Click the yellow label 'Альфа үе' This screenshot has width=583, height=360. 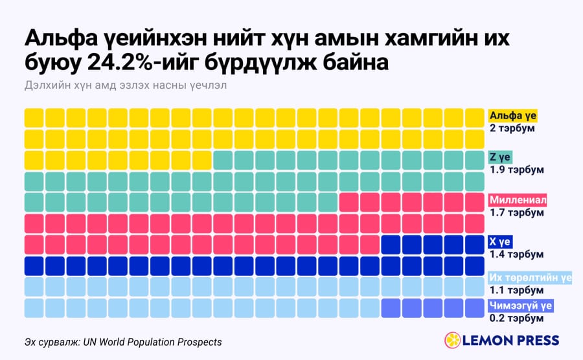coord(513,116)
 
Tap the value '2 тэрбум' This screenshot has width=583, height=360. coord(512,128)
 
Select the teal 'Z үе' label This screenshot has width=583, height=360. coord(500,157)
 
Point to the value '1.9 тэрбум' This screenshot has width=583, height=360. coord(516,170)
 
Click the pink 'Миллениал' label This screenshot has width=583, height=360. coord(518,200)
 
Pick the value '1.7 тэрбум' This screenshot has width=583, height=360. coord(516,213)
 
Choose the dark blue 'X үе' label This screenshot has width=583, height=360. coord(500,242)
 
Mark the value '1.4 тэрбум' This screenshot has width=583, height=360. coord(516,254)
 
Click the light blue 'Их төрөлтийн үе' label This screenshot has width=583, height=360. coord(530,278)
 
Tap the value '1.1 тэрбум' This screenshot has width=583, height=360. coord(516,290)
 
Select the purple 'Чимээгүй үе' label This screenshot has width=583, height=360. coord(521,306)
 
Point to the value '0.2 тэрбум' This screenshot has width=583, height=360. coord(516,319)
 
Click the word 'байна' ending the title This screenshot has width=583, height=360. coord(355,62)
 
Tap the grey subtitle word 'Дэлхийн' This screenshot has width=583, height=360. coord(45,85)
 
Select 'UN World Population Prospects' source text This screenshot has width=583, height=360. coord(152,342)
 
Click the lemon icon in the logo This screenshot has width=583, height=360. coord(453,341)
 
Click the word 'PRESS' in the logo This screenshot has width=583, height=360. coord(536,341)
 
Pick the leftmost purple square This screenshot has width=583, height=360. coord(391,308)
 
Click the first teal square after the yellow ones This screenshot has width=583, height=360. coord(223,160)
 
